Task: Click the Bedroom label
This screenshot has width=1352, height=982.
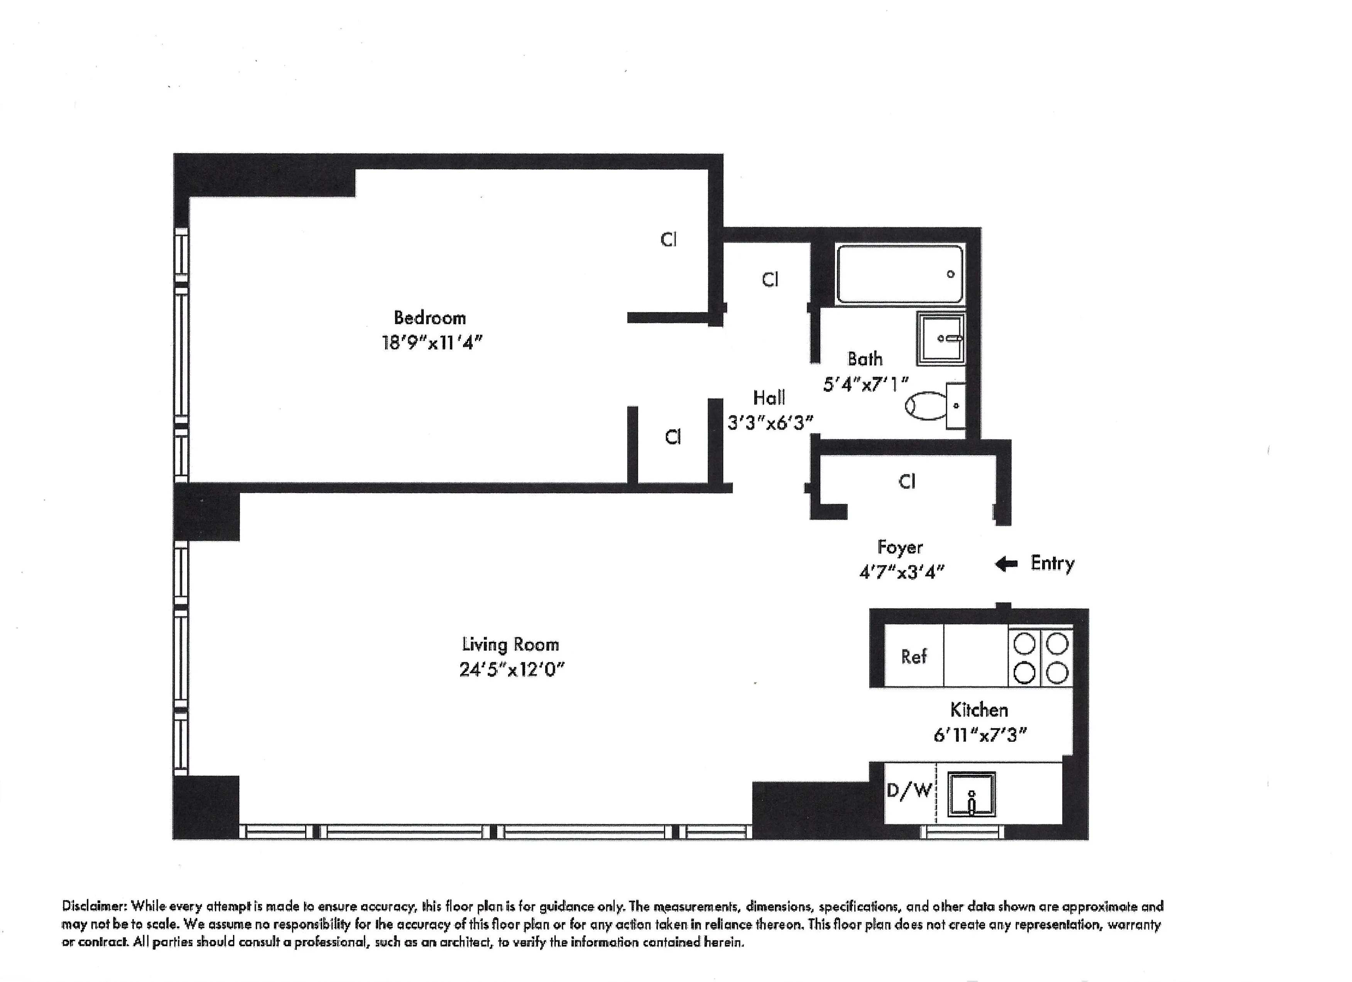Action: (x=430, y=317)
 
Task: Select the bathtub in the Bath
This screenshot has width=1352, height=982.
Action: (x=899, y=275)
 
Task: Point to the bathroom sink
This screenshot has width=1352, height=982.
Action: (x=941, y=339)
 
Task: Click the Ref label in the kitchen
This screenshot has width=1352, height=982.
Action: (x=913, y=656)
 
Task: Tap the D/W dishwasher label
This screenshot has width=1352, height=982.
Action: (x=909, y=791)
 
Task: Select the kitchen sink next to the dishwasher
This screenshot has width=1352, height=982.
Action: (x=971, y=794)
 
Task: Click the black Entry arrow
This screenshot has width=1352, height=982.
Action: (x=1006, y=564)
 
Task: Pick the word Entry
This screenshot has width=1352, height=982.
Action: (x=1052, y=563)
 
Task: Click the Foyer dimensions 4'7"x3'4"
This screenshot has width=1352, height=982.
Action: (x=901, y=572)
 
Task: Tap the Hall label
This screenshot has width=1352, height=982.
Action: (x=769, y=397)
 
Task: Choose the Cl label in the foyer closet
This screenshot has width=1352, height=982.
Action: (x=907, y=481)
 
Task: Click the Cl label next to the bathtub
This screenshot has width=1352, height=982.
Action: (x=770, y=280)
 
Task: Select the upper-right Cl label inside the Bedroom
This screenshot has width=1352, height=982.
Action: (x=668, y=240)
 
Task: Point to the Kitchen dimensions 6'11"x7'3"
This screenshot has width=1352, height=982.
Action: (x=979, y=735)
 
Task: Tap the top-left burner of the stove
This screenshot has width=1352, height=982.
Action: (x=1024, y=643)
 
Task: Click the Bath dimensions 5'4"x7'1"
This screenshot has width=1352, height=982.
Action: (x=865, y=384)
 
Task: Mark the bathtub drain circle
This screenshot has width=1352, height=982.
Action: (x=951, y=274)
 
